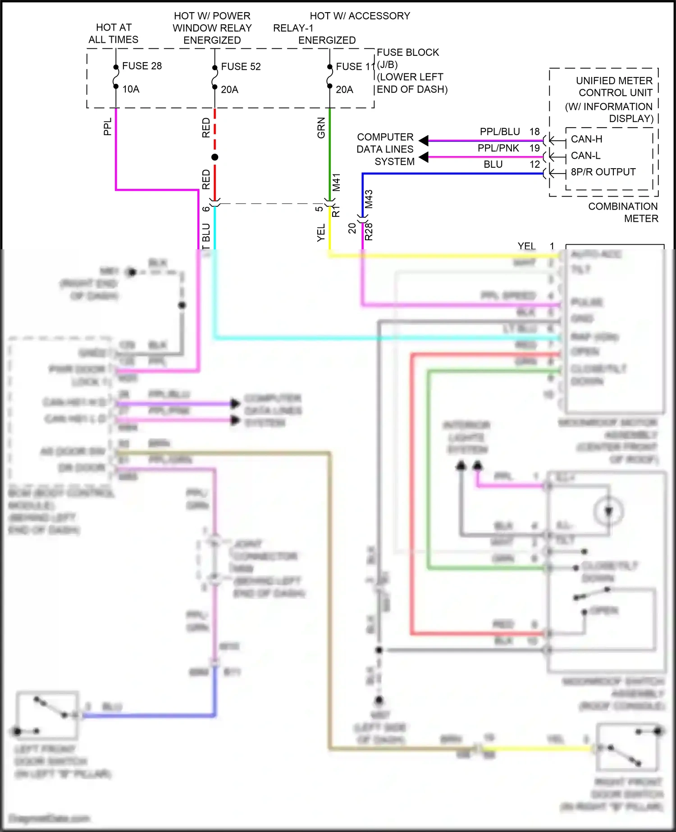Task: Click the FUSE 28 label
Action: click(142, 66)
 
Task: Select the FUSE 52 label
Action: click(241, 66)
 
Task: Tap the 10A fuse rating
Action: click(131, 89)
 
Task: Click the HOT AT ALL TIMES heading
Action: click(114, 33)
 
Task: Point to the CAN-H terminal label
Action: click(586, 139)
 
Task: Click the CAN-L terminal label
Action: click(585, 156)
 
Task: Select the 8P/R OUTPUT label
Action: click(603, 172)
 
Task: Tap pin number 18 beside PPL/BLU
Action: click(534, 132)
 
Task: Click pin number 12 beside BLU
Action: click(534, 165)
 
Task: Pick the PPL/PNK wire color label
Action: click(498, 148)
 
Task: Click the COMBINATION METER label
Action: click(623, 212)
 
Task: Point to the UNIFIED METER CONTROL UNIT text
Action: click(614, 87)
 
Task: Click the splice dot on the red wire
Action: click(215, 157)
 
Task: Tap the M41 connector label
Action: click(336, 182)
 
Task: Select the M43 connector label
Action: click(369, 199)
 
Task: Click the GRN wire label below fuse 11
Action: click(321, 128)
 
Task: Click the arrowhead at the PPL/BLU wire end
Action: click(424, 141)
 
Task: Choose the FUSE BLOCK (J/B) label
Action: click(408, 59)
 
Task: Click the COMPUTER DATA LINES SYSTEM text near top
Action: click(385, 149)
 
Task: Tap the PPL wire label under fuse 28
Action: click(107, 127)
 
